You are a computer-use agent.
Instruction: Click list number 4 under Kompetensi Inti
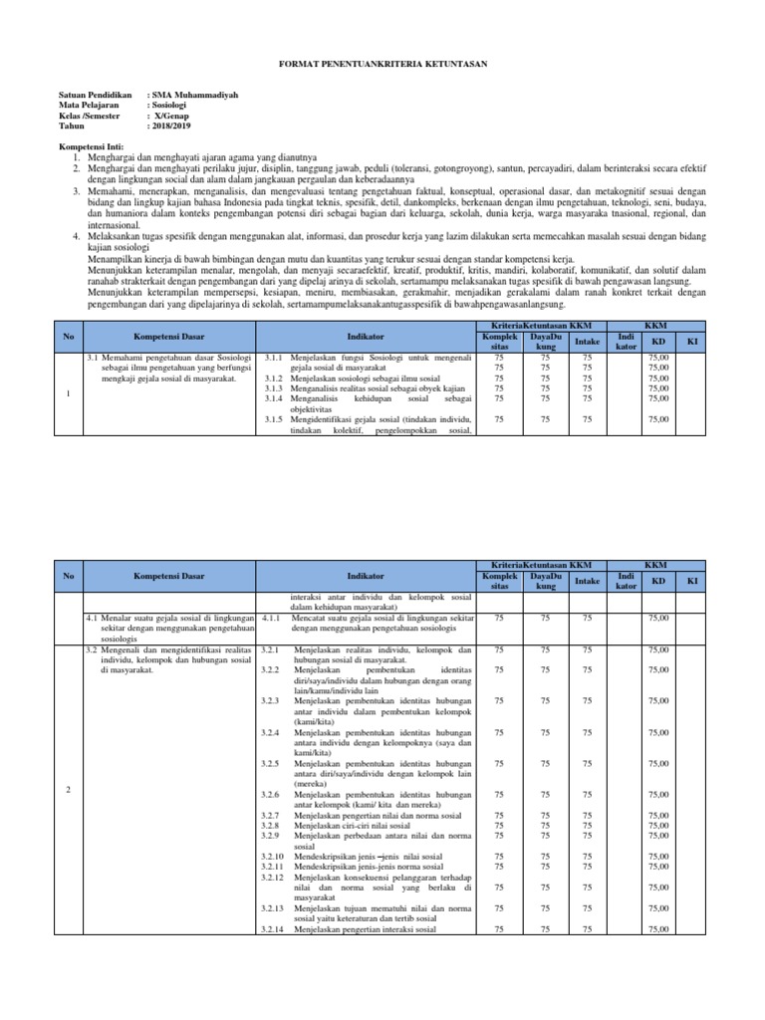pos(78,236)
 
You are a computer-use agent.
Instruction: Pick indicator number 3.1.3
pos(274,387)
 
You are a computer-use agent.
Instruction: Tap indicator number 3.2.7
pos(271,815)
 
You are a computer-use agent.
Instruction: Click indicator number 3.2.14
pos(273,929)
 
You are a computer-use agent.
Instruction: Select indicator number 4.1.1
pos(273,619)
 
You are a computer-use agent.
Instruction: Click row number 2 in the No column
pos(67,790)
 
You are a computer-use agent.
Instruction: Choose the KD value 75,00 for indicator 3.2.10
pos(658,856)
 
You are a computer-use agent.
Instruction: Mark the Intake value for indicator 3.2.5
pos(587,763)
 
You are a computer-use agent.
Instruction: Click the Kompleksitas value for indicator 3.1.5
pos(499,419)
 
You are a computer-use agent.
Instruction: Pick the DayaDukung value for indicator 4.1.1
pos(544,619)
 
